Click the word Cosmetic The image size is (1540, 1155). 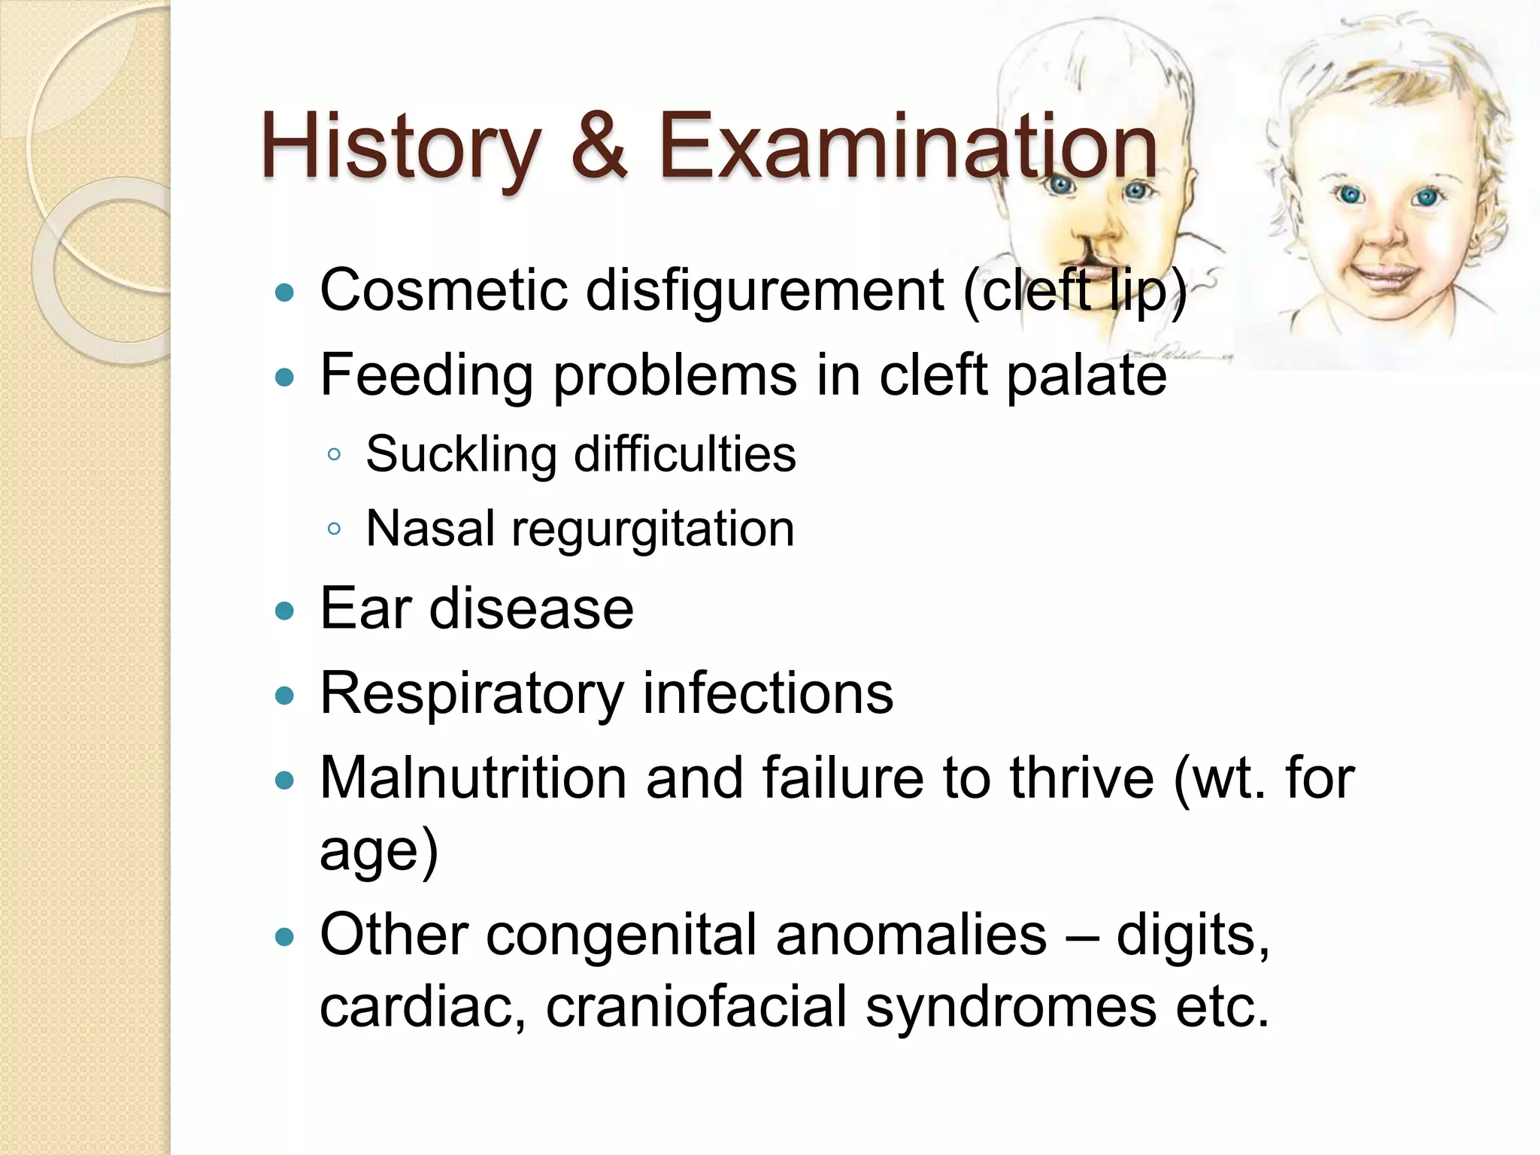click(x=444, y=290)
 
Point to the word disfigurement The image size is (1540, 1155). click(x=764, y=290)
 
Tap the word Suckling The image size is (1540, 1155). click(x=461, y=454)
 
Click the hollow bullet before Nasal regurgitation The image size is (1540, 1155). click(x=335, y=529)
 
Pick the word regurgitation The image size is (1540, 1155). click(x=652, y=529)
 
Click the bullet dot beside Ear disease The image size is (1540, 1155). click(x=284, y=611)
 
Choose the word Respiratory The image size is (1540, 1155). click(x=471, y=693)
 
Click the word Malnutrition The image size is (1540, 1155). click(x=473, y=778)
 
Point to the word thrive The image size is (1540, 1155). click(x=1081, y=778)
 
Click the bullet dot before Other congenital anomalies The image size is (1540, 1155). click(x=284, y=937)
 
